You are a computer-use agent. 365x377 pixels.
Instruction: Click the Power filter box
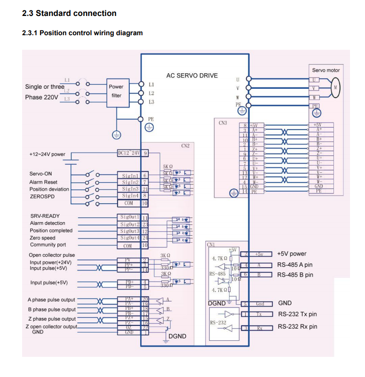(x=116, y=91)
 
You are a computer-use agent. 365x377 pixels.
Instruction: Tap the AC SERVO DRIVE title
(x=192, y=76)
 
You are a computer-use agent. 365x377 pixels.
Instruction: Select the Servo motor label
(x=325, y=70)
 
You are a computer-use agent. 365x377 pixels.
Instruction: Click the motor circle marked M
(x=335, y=87)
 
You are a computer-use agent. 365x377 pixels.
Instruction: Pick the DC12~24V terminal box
(x=129, y=153)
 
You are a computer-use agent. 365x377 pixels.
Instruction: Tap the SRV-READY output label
(x=45, y=216)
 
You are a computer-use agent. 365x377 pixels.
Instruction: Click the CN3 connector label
(x=223, y=123)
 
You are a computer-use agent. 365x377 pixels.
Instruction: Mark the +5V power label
(x=292, y=254)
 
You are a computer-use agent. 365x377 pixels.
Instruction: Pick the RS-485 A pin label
(x=295, y=265)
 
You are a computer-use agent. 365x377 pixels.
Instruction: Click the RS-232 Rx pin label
(x=297, y=327)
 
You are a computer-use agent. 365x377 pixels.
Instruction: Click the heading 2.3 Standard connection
(x=69, y=13)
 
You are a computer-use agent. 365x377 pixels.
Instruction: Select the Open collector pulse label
(x=52, y=255)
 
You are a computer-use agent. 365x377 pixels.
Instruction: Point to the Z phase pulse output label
(x=52, y=319)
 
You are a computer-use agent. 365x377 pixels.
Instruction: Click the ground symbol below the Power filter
(x=116, y=135)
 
